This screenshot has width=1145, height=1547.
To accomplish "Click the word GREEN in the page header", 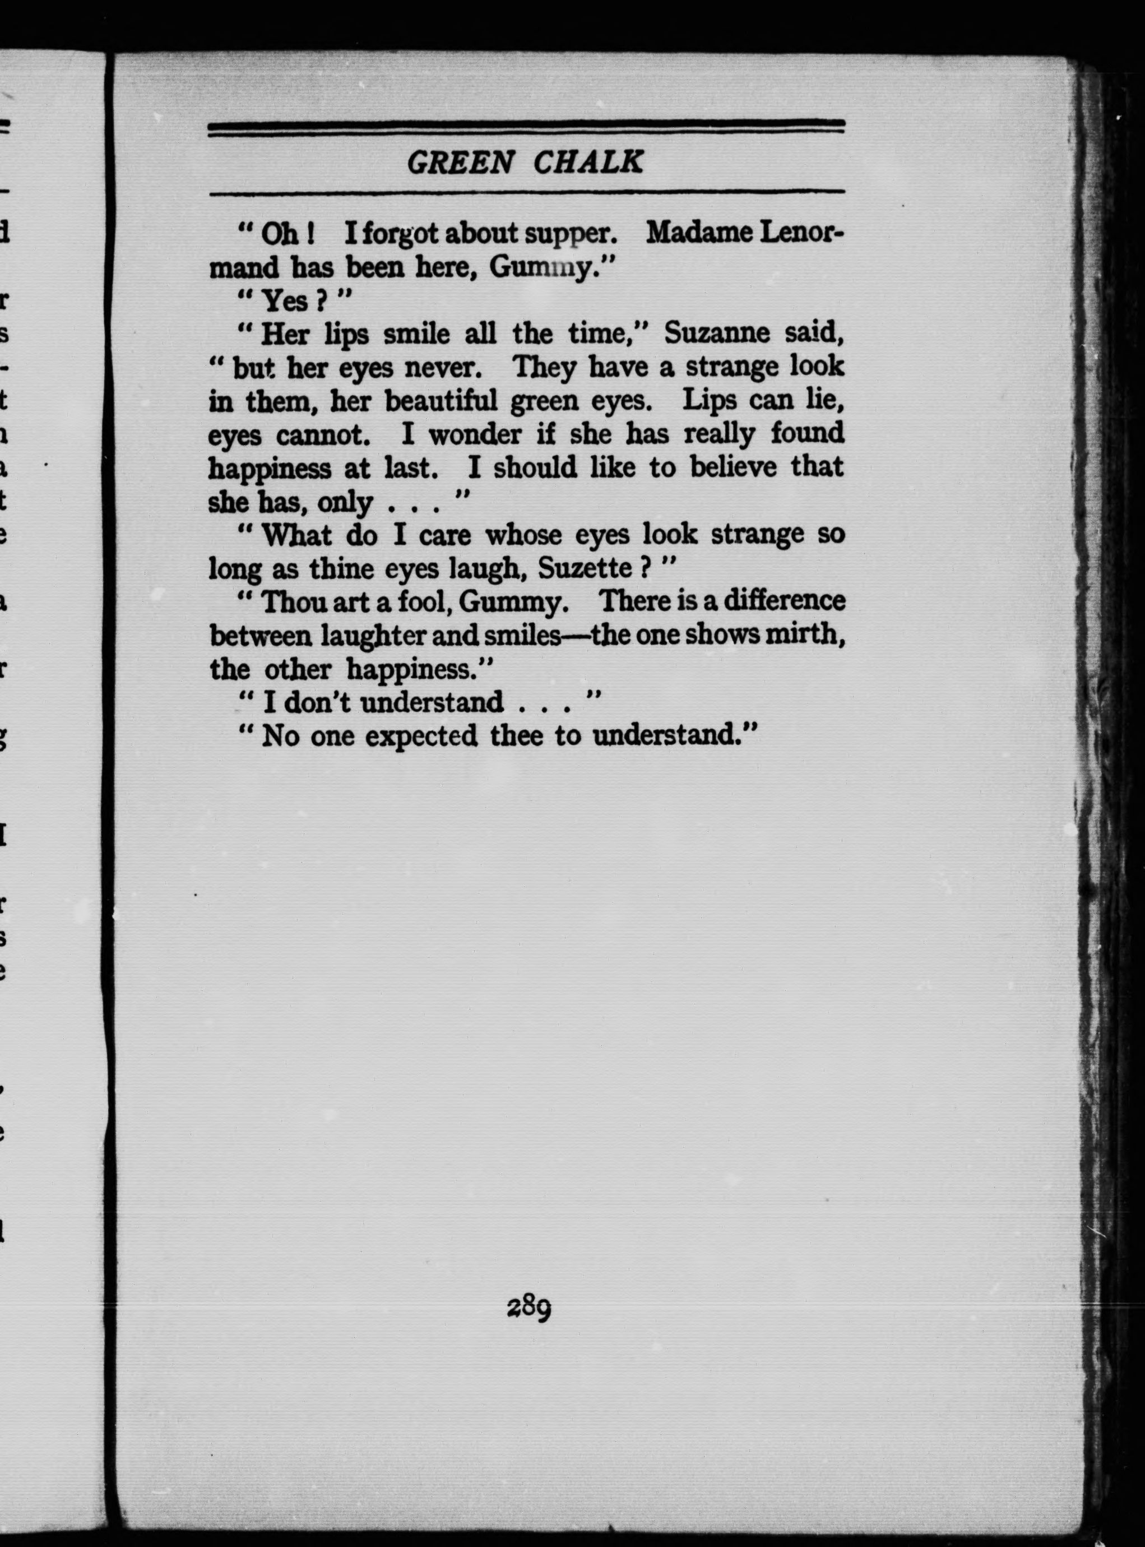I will pyautogui.click(x=460, y=163).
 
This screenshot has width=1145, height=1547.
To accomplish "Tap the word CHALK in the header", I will pyautogui.click(x=588, y=163).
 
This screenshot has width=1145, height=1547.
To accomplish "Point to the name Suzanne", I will pyautogui.click(x=717, y=334).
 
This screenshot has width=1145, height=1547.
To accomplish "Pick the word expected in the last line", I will pyautogui.click(x=421, y=735).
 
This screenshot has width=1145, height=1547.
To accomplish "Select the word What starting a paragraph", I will pyautogui.click(x=296, y=535).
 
